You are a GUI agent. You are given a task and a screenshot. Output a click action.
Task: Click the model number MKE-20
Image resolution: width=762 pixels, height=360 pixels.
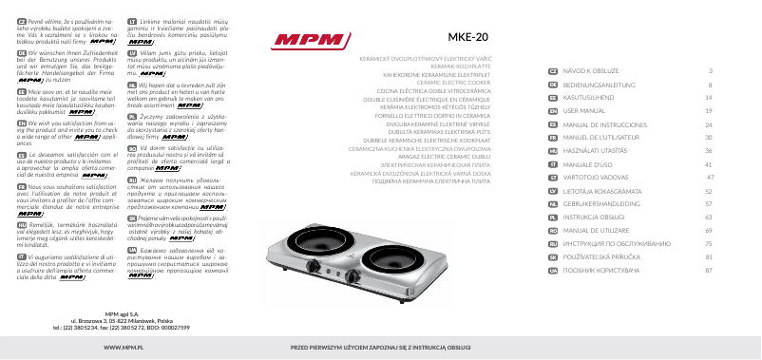(473, 38)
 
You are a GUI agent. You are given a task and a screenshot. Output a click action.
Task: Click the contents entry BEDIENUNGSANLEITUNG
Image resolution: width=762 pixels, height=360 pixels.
(607, 84)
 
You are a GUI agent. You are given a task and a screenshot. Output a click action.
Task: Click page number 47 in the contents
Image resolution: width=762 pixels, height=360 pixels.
(708, 177)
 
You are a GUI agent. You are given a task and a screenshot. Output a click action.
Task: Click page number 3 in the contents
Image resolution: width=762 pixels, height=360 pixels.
(711, 70)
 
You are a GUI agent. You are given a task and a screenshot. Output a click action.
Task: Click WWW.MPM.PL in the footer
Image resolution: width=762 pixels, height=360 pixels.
(109, 349)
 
